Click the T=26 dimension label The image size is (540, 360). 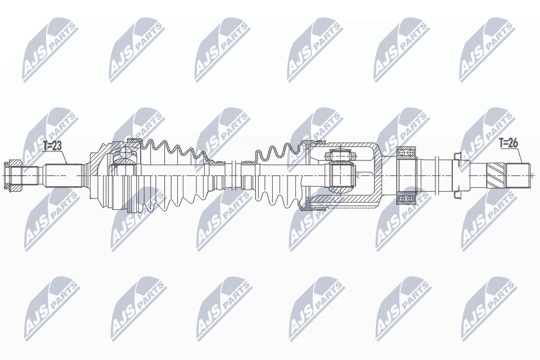pos(508,143)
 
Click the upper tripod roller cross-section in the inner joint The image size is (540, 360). pos(339,154)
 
